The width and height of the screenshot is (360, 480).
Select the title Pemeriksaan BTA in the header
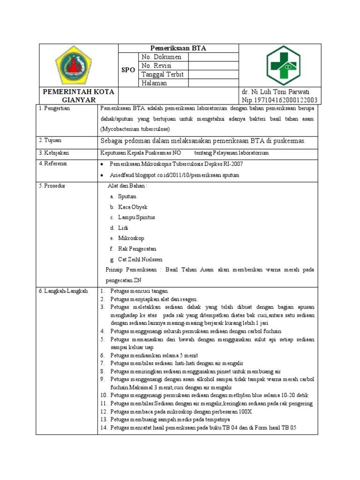click(x=178, y=48)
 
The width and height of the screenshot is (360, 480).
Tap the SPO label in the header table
click(x=128, y=70)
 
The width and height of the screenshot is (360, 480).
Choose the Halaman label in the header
click(x=154, y=83)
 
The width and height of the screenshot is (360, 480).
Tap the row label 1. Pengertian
click(x=54, y=108)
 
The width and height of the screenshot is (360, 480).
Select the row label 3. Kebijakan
click(x=54, y=153)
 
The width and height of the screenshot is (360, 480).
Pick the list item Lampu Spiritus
click(x=136, y=217)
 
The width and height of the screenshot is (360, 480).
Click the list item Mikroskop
click(x=131, y=238)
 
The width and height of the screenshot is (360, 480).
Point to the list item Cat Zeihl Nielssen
click(x=140, y=259)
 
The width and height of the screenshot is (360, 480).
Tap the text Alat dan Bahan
click(x=127, y=186)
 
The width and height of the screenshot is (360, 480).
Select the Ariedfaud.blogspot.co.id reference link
click(x=174, y=175)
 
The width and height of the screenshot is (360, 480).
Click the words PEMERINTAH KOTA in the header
click(x=79, y=91)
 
